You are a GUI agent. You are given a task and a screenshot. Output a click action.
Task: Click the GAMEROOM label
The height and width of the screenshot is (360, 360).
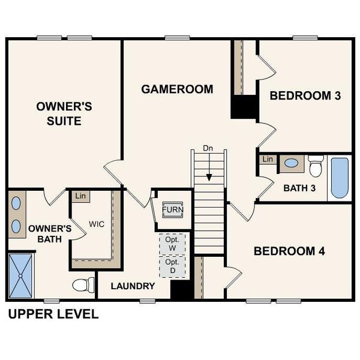coord(177,89)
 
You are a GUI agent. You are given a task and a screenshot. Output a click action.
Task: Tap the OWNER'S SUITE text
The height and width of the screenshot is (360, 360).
coord(64,113)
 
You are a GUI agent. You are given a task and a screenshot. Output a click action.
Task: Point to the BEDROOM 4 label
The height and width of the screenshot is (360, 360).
coord(289,251)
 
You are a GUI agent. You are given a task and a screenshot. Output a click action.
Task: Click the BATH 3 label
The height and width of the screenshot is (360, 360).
coord(299,188)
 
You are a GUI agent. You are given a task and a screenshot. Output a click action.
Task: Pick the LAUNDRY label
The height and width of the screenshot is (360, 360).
coord(133,286)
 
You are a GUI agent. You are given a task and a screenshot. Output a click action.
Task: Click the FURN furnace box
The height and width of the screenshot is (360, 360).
coord(173,210)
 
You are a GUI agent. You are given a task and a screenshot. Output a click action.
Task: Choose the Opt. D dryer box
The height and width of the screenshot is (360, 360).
coord(173,267)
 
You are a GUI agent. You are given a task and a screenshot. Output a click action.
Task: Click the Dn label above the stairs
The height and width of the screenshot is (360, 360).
coord(208,148)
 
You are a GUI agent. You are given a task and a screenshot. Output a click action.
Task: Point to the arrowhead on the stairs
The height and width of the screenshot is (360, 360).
coord(209,177)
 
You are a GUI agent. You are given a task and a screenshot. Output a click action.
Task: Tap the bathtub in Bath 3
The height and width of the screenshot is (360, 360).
coord(339,177)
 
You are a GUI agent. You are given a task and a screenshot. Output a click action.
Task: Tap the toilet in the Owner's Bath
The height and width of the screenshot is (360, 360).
coord(82,284)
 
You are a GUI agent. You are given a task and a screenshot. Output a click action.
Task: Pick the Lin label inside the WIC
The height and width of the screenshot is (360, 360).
coord(79,196)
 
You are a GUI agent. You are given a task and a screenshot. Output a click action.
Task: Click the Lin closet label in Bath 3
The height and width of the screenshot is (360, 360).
coord(268,160)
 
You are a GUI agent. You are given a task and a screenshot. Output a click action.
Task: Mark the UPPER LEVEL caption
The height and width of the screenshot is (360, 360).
coord(52,314)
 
